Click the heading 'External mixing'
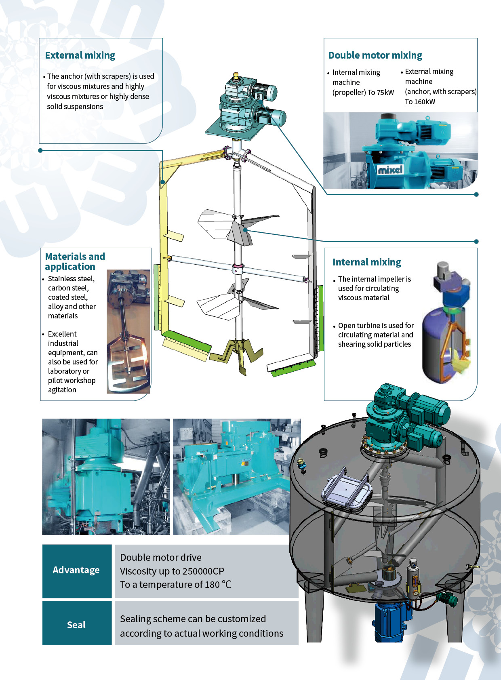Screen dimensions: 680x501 pyautogui.click(x=80, y=55)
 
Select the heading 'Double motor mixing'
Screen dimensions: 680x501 pyautogui.click(x=375, y=55)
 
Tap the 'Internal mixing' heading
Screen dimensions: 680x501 pyautogui.click(x=366, y=262)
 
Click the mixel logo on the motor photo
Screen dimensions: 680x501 pyautogui.click(x=390, y=170)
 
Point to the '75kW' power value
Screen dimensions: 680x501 pyautogui.click(x=385, y=93)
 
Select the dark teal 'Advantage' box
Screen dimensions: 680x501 pyautogui.click(x=77, y=571)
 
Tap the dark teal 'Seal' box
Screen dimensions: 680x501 pyautogui.click(x=77, y=624)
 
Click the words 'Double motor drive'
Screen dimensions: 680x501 pyautogui.click(x=161, y=558)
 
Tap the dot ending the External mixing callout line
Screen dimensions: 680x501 pyautogui.click(x=40, y=150)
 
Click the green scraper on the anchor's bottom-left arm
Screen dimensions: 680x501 pyautogui.click(x=186, y=340)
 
